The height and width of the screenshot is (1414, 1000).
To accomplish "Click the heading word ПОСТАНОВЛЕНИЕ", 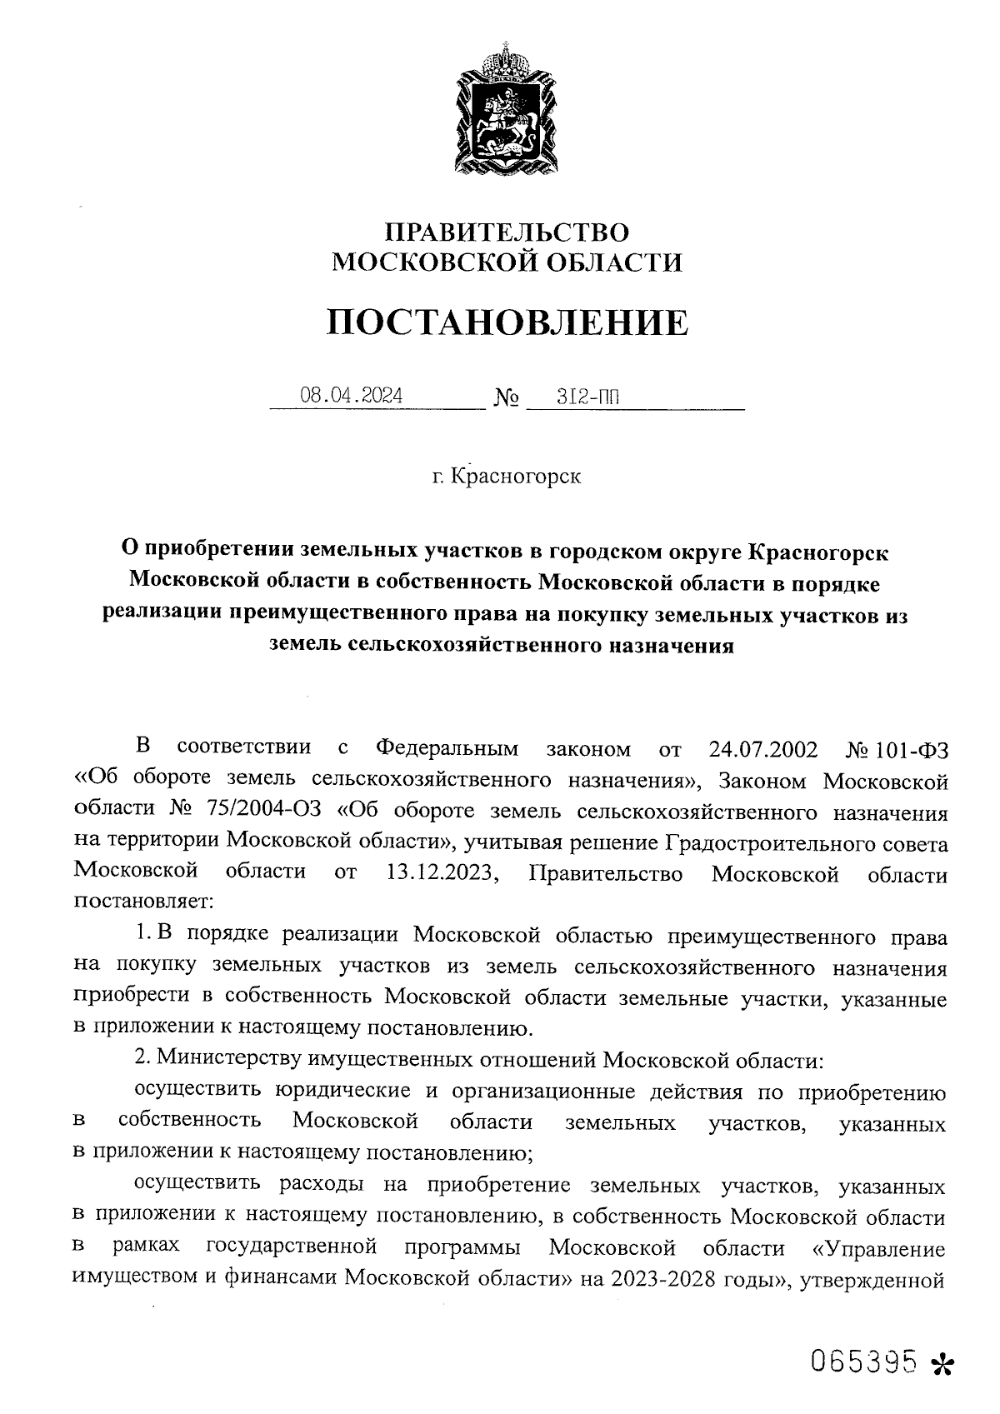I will (507, 322).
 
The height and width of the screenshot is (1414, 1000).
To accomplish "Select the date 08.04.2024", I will (351, 397).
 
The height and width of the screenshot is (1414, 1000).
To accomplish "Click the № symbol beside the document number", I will (507, 401).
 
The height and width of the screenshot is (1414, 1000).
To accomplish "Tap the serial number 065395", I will (865, 1361).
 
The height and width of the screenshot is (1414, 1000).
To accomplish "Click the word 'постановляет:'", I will (144, 903).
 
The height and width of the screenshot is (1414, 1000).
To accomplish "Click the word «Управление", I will (880, 1250).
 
